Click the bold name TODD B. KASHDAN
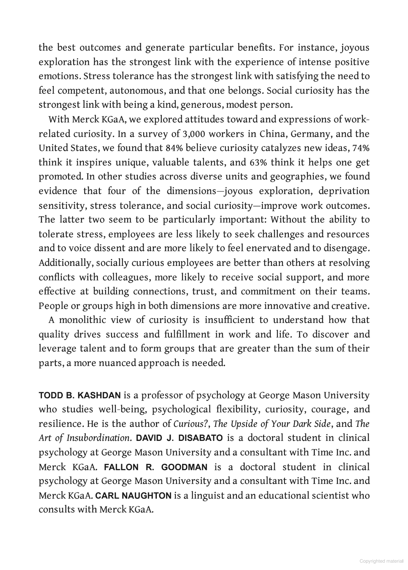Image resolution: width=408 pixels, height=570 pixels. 80,396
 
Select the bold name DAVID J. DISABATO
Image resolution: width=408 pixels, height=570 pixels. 179,438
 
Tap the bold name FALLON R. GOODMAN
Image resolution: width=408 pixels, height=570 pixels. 156,467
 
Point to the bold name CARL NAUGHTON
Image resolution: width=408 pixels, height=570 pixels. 133,496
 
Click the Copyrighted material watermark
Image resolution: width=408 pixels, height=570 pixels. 381,561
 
